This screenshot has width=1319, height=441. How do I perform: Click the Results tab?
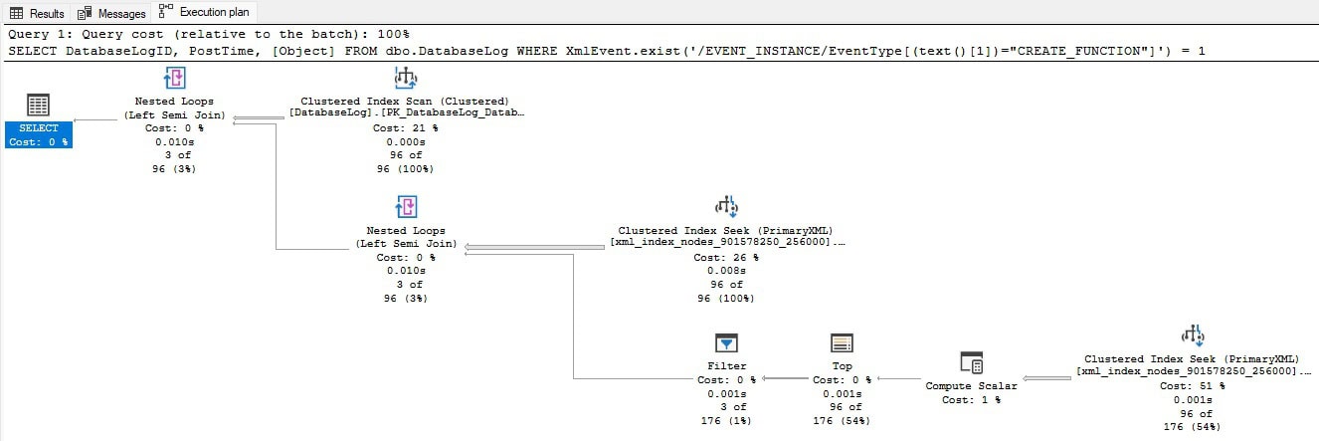pos(37,12)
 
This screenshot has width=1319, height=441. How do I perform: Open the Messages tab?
pos(111,12)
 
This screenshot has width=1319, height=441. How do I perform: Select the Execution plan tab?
pos(204,12)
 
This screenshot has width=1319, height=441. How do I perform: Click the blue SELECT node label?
pos(39,134)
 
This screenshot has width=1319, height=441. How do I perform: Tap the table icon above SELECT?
pos(38,105)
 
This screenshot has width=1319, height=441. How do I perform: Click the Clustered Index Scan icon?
pos(405,78)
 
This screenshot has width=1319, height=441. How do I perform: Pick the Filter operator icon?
pos(726,343)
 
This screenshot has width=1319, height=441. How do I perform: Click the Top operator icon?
pos(842,343)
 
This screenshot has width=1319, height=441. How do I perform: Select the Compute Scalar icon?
pos(971,362)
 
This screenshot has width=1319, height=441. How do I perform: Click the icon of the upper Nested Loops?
pos(174,78)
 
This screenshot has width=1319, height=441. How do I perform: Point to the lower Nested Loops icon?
pos(406,207)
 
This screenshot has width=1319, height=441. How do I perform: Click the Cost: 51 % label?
pos(1193,385)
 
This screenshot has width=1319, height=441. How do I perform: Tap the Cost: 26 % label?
pos(726,257)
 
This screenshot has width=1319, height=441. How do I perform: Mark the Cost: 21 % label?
pos(405,127)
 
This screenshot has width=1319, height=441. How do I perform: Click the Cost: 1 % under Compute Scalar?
pos(971,400)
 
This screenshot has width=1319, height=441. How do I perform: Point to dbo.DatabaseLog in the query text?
pos(447,51)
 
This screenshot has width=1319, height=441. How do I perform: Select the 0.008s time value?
pos(726,271)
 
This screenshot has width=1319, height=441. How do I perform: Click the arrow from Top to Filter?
pos(785,378)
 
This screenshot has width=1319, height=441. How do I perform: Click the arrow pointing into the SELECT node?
pos(95,120)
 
